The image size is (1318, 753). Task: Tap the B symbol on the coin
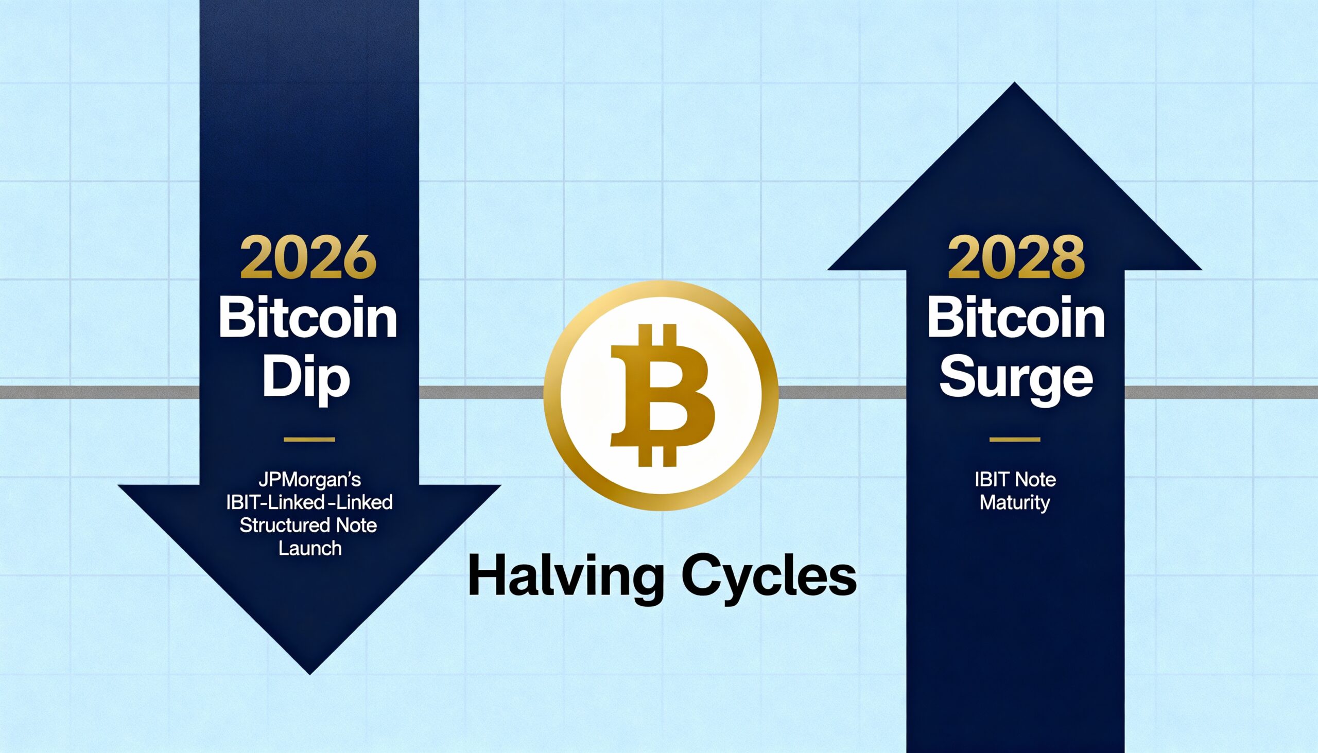pyautogui.click(x=663, y=396)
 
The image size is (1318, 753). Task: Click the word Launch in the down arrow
pyautogui.click(x=310, y=548)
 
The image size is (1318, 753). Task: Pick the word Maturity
pyautogui.click(x=1015, y=503)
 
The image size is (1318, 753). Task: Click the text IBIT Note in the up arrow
pyautogui.click(x=1015, y=480)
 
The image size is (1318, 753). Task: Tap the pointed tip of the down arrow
pyautogui.click(x=310, y=674)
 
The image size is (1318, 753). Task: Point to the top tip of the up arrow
pyautogui.click(x=1014, y=83)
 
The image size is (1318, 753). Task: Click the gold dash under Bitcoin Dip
pyautogui.click(x=309, y=440)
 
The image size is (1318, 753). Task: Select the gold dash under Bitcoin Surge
pyautogui.click(x=1015, y=440)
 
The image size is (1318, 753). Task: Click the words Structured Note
pyautogui.click(x=308, y=526)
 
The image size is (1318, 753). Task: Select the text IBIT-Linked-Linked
pyautogui.click(x=309, y=503)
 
